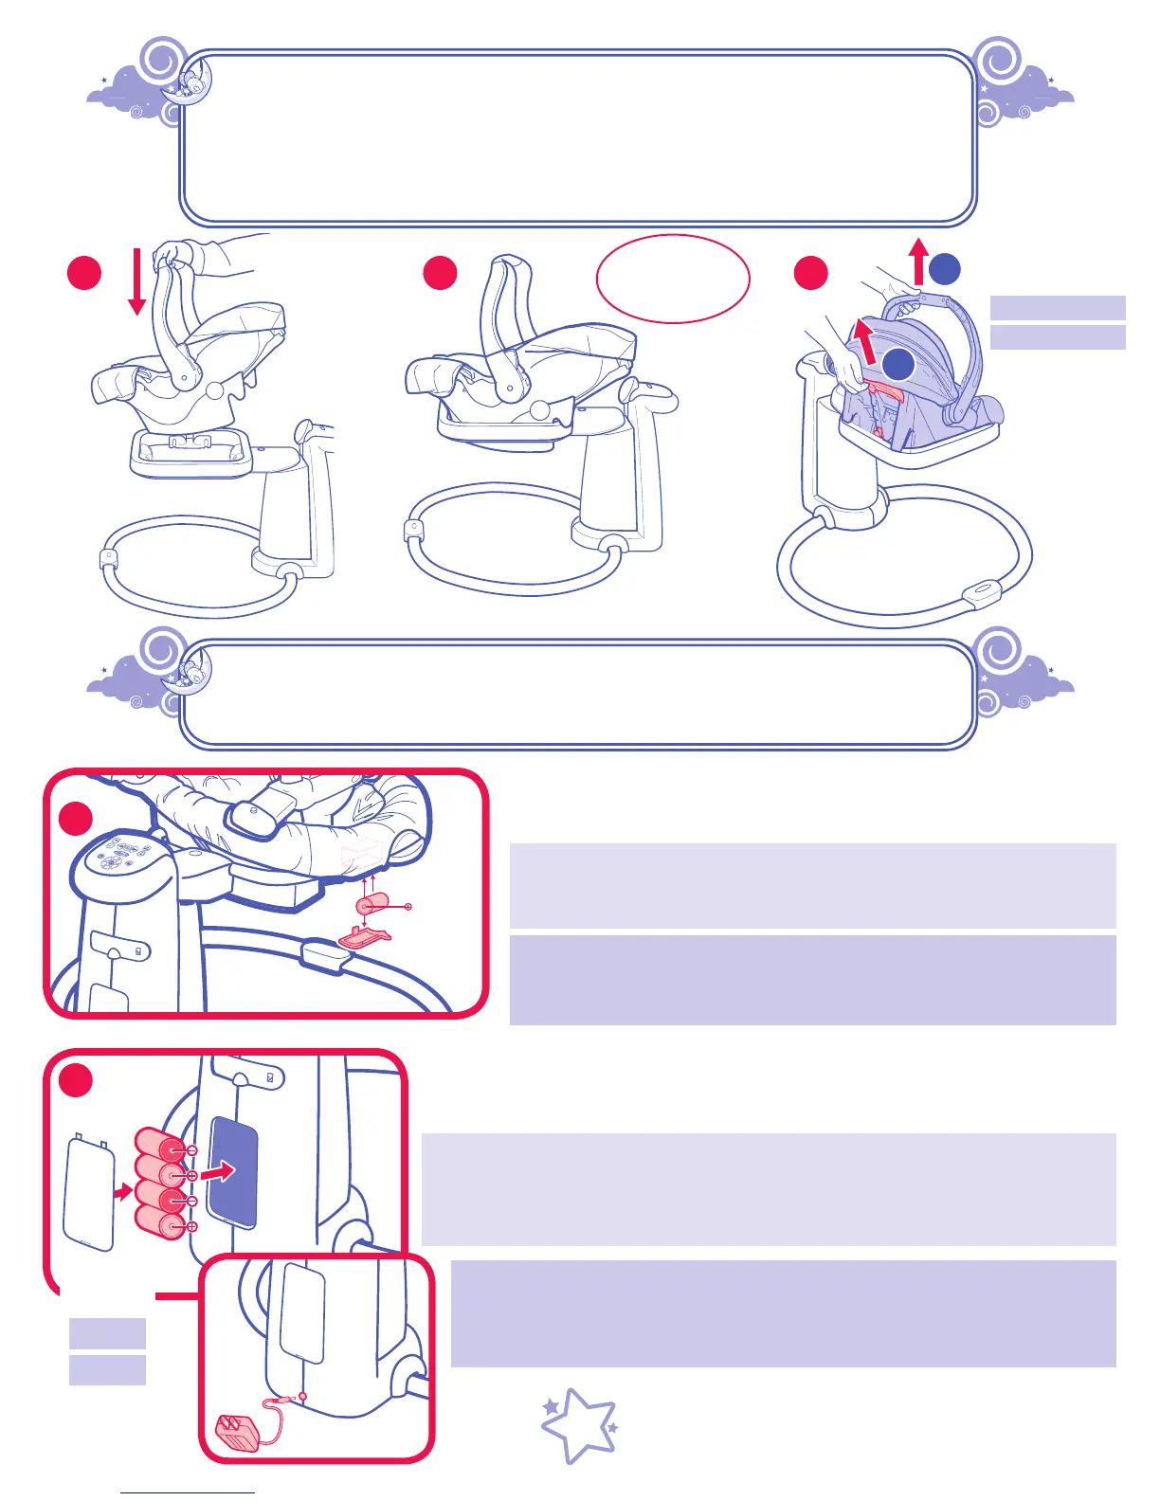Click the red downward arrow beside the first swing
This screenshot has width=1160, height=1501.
click(x=136, y=280)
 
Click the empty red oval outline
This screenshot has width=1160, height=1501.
click(x=673, y=279)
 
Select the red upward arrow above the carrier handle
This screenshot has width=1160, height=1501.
click(x=917, y=262)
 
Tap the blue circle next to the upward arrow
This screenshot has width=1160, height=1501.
click(x=945, y=269)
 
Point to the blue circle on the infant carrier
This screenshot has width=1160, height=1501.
click(x=898, y=365)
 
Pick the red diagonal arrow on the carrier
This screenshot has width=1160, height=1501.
click(x=862, y=342)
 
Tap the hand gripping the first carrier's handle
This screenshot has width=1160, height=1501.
click(x=176, y=254)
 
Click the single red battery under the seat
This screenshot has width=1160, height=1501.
click(x=372, y=903)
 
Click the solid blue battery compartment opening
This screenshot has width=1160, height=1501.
click(x=233, y=1172)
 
